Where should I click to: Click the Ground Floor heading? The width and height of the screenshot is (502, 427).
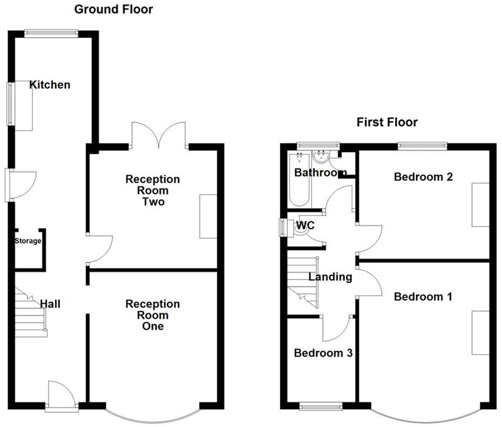113,9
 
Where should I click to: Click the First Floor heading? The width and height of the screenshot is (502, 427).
387,122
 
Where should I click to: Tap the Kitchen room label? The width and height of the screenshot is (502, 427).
50,85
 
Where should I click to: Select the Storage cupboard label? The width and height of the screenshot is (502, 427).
28,241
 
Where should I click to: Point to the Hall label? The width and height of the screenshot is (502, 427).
50,304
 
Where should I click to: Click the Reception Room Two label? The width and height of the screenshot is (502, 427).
153,190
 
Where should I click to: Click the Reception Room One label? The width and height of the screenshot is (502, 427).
153,315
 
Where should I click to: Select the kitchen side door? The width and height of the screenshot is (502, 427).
21,185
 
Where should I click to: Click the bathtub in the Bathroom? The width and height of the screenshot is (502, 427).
300,180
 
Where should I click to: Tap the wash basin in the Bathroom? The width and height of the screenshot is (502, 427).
321,157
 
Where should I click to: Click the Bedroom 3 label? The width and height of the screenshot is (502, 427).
323,353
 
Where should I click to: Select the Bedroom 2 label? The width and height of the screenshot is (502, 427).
423,177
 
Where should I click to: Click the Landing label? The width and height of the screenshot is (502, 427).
330,277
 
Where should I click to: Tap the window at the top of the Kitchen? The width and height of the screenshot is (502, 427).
51,33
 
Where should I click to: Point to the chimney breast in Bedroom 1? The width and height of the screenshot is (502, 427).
480,333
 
